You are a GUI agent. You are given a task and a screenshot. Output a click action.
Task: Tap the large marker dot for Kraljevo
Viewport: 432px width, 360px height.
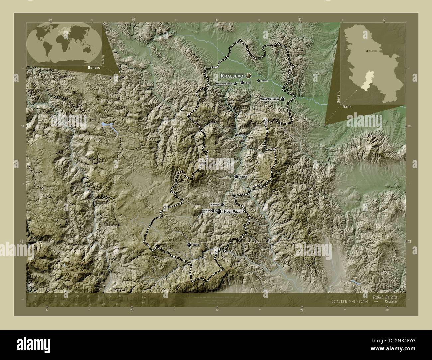(x=248, y=76)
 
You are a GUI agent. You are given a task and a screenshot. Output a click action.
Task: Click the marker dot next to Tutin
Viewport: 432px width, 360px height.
(x=189, y=245)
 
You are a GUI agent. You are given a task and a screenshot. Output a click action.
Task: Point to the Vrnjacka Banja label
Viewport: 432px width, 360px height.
(x=270, y=99)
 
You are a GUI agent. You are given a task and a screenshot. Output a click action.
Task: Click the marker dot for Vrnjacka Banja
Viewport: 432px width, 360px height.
(x=283, y=99)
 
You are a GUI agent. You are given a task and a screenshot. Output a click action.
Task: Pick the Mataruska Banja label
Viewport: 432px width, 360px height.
(x=224, y=84)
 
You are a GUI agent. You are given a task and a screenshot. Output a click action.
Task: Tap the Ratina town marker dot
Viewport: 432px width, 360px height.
(x=258, y=81)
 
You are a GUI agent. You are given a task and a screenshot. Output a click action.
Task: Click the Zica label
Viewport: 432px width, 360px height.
(x=247, y=83)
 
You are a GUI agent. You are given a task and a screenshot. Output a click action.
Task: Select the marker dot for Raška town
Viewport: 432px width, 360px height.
(x=236, y=177)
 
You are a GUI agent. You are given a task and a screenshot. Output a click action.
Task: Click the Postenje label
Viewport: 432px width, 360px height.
(x=214, y=205)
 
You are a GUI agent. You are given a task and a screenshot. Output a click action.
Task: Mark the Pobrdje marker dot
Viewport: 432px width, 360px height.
(x=213, y=210)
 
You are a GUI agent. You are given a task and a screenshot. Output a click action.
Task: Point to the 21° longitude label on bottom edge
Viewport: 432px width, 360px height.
(x=301, y=310)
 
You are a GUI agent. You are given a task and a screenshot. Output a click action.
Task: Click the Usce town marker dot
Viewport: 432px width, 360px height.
(x=236, y=135)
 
